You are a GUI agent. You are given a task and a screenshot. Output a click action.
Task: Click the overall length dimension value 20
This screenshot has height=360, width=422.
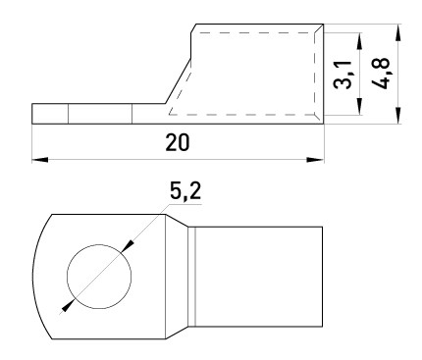click(x=178, y=142)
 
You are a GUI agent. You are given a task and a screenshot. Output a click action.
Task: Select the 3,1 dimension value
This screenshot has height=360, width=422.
click(x=343, y=74)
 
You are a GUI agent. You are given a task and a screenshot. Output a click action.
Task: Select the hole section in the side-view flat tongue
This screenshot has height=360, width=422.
click(x=99, y=115)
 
